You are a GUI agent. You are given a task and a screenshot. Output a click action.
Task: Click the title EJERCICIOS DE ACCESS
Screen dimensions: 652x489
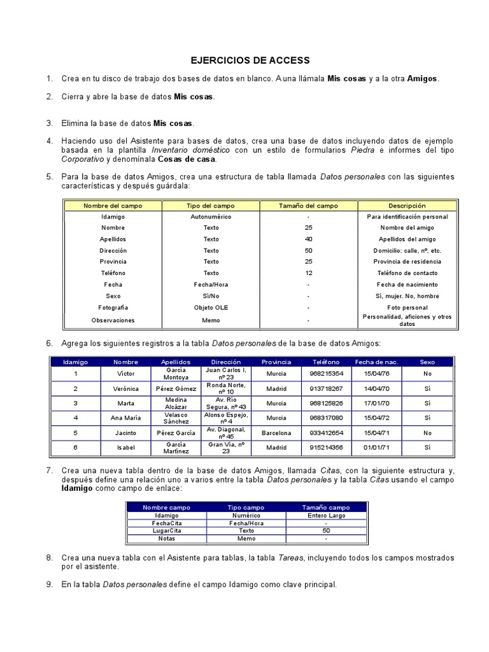[x=250, y=60]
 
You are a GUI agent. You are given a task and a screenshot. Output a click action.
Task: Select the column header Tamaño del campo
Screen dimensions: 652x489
[x=308, y=206]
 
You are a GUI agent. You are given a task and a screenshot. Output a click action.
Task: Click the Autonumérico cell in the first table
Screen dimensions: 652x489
[x=211, y=216]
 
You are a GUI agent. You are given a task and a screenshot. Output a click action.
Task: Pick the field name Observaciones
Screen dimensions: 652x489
[x=113, y=320]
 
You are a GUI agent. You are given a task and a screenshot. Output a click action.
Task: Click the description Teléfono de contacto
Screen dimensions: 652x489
[x=407, y=273]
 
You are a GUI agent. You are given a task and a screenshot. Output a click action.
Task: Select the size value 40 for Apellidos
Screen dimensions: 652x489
[x=308, y=239]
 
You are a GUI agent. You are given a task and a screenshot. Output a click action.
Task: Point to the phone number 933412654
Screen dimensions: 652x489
[x=326, y=432]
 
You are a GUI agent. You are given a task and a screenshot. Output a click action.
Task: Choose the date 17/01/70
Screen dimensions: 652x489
[x=376, y=403]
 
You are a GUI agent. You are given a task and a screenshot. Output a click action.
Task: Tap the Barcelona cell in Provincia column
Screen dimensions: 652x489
[x=276, y=432]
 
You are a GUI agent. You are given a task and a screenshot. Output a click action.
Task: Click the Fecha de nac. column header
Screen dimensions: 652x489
[x=376, y=362]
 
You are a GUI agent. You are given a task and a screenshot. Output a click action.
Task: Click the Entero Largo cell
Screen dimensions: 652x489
[x=326, y=516]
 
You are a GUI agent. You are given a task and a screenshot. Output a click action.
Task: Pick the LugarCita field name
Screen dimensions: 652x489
[x=166, y=530]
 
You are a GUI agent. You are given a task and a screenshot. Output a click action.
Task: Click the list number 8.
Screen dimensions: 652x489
[x=49, y=558]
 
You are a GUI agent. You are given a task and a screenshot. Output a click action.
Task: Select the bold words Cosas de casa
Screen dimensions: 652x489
[x=186, y=159]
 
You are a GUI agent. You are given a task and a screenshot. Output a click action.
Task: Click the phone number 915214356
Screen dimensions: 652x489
[x=326, y=448]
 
